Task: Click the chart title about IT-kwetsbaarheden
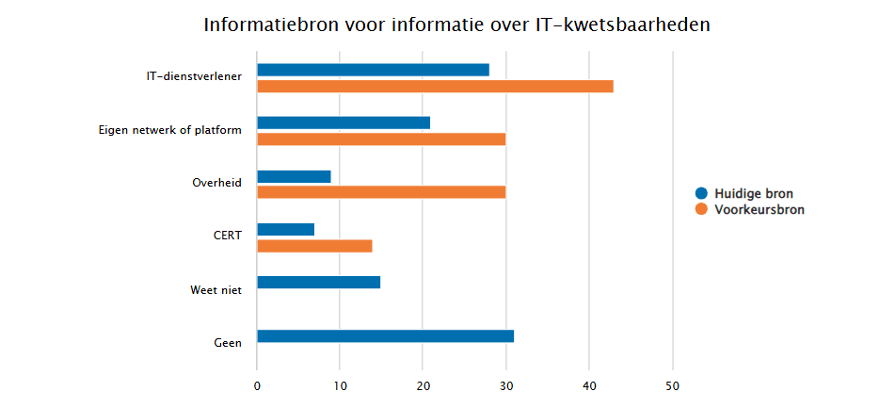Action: pyautogui.click(x=456, y=25)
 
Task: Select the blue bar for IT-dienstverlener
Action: pyautogui.click(x=373, y=70)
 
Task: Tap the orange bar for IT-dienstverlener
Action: pyautogui.click(x=435, y=87)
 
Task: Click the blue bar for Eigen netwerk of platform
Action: pyautogui.click(x=344, y=122)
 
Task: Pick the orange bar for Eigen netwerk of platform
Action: pyautogui.click(x=381, y=139)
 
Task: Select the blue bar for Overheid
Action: pyautogui.click(x=294, y=176)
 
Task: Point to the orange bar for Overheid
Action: pyautogui.click(x=381, y=192)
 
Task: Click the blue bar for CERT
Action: pyautogui.click(x=285, y=229)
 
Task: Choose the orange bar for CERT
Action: pyautogui.click(x=314, y=246)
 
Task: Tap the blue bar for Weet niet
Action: pyautogui.click(x=318, y=282)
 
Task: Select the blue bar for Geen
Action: pyautogui.click(x=385, y=335)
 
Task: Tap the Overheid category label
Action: pyautogui.click(x=216, y=183)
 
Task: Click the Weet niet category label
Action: pyautogui.click(x=216, y=290)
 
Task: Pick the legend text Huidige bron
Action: pyautogui.click(x=754, y=194)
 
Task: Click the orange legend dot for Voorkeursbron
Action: pyautogui.click(x=700, y=210)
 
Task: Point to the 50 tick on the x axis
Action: pyautogui.click(x=673, y=385)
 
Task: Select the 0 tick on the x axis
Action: pyautogui.click(x=257, y=385)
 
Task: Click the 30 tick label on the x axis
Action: pyautogui.click(x=506, y=385)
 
